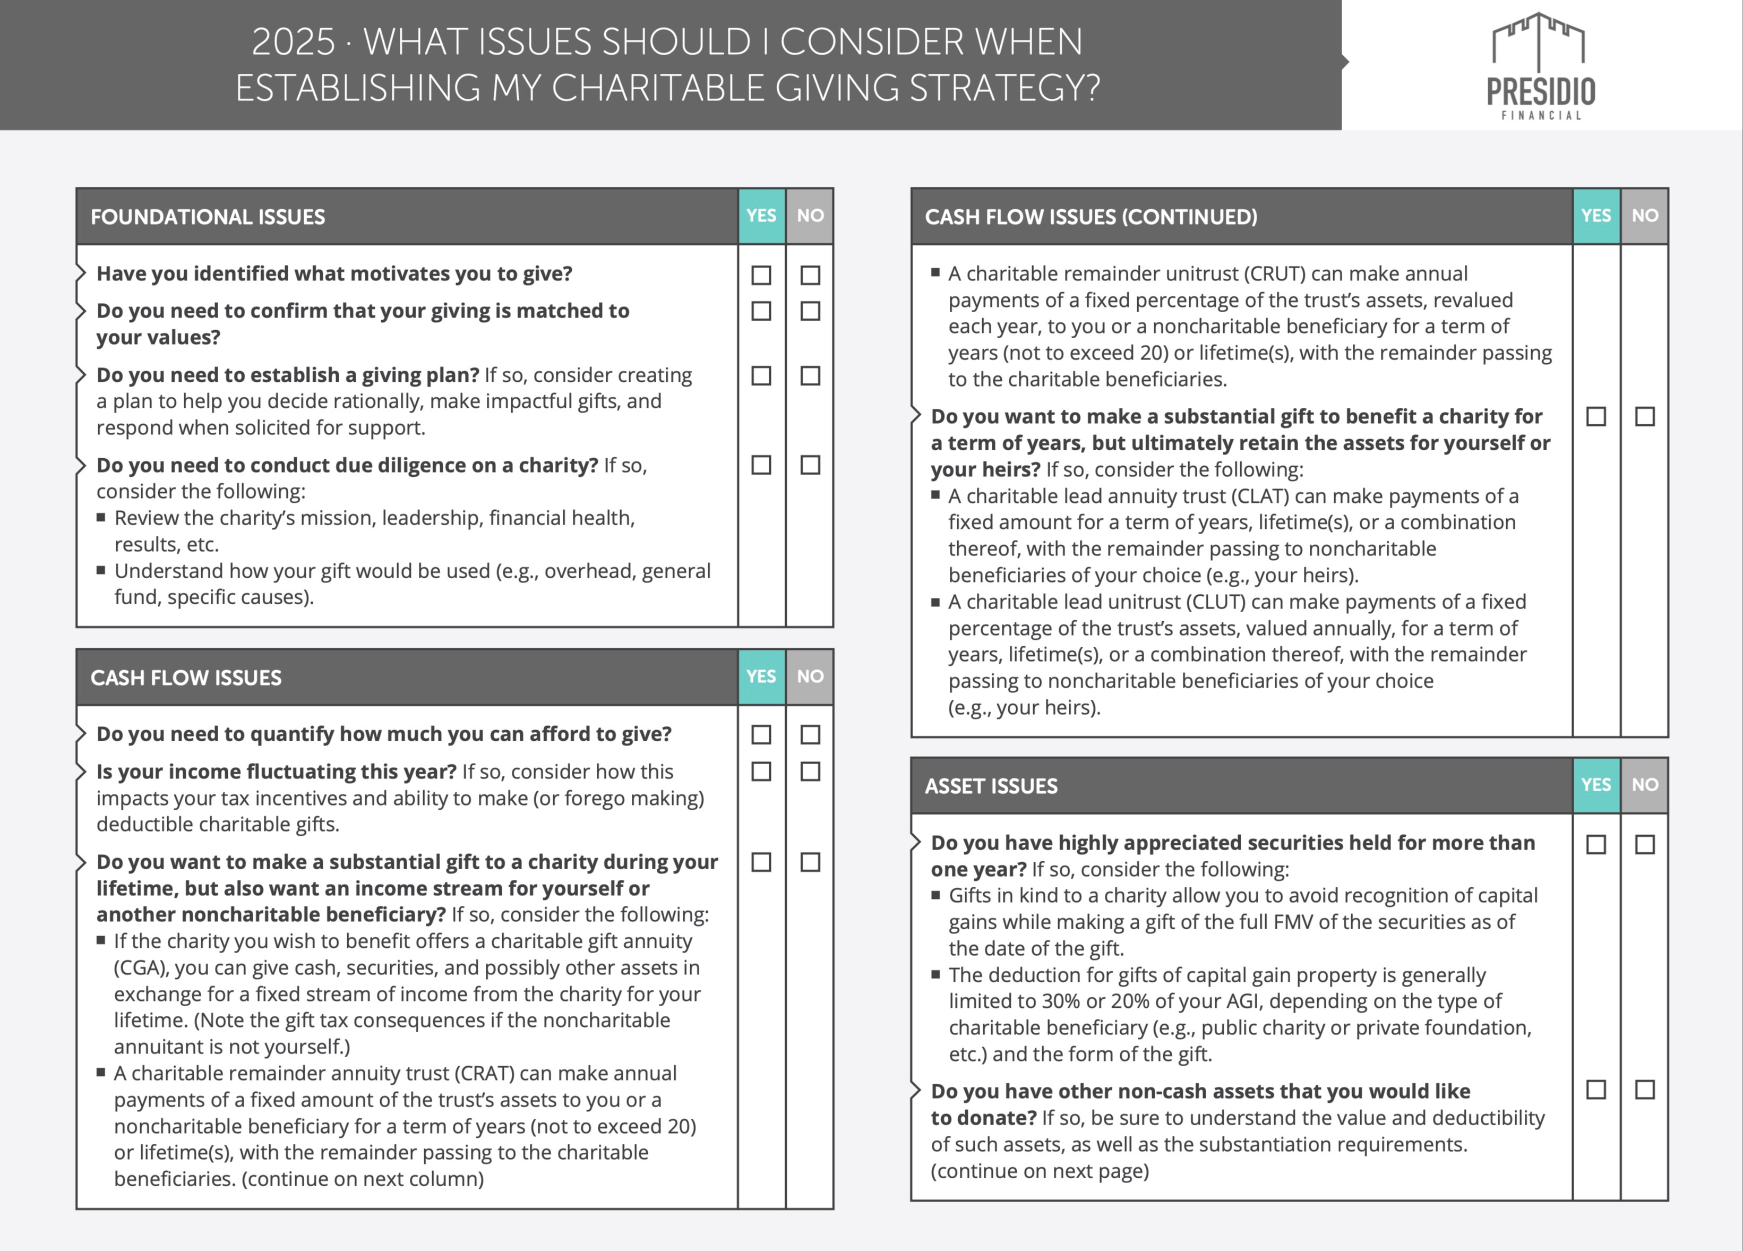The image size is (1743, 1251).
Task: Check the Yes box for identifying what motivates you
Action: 761,275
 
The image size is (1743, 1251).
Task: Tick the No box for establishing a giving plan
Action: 810,376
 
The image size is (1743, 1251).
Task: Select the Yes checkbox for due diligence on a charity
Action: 761,465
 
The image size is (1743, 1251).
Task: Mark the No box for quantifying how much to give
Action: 810,734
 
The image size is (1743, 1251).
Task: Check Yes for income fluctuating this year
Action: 761,772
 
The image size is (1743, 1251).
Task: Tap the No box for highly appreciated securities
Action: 1645,844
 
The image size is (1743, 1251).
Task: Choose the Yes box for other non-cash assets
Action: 1596,1090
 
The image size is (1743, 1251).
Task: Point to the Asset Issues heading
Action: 991,786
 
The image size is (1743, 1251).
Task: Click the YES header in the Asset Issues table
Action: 1596,785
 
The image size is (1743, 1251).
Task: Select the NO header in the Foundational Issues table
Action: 810,216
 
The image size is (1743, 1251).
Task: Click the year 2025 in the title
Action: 293,42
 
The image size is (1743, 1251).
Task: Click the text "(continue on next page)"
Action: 1040,1171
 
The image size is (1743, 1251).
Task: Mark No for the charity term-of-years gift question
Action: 1645,416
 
